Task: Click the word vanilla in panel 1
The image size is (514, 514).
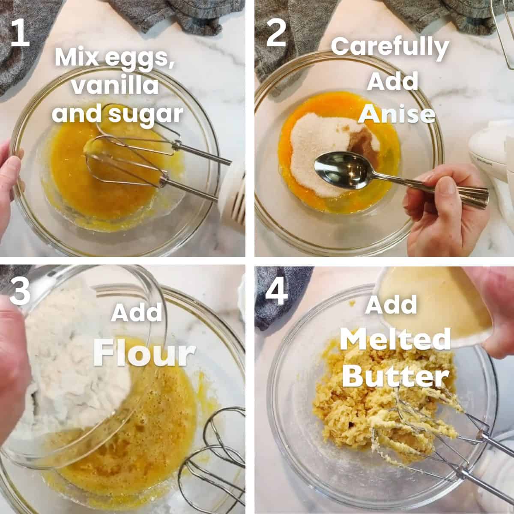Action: coord(115,86)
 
